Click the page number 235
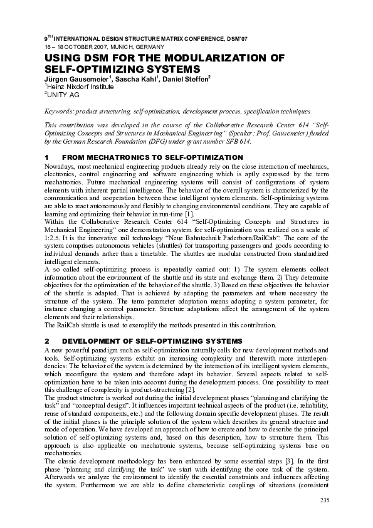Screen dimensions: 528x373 click(324, 499)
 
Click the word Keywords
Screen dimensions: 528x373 click(58, 110)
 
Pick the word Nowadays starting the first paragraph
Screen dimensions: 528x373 click(61, 165)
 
